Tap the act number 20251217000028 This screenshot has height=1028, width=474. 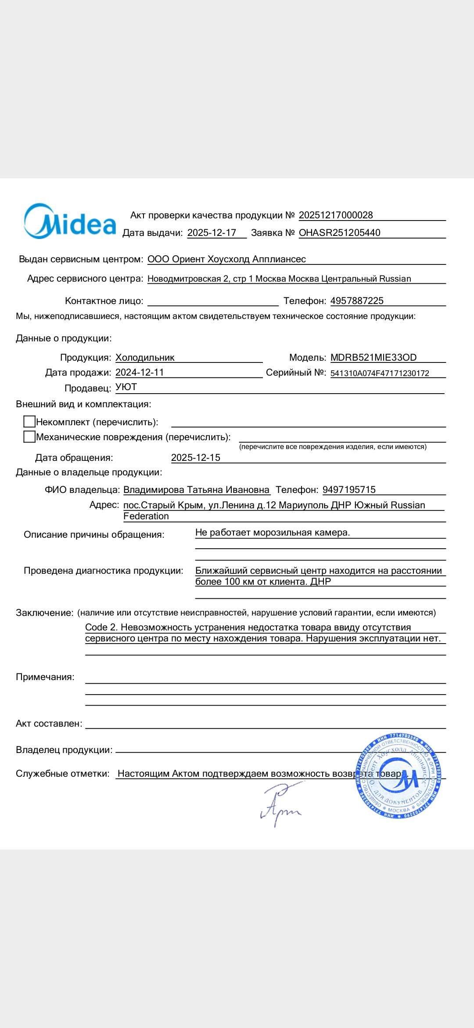point(336,215)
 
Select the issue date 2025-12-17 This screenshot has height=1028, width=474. point(212,233)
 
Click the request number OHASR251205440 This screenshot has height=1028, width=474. point(339,233)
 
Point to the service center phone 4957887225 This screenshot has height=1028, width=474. point(357,301)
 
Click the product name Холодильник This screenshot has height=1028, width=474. point(145,358)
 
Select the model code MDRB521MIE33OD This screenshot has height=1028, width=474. point(373,358)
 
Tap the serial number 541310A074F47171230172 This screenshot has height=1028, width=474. point(380,373)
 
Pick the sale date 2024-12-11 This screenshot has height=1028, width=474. point(140,373)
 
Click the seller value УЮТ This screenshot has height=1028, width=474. point(126,387)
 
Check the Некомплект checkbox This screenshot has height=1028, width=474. point(29,422)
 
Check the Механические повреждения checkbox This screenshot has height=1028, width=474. point(29,437)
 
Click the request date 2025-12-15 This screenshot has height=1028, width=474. point(196,458)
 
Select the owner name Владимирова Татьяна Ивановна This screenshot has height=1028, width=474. point(196,490)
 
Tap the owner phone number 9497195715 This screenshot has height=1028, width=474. point(349,490)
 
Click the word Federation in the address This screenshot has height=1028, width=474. point(146,516)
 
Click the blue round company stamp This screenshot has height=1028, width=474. point(398,776)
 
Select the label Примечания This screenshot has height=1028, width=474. point(45,677)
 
